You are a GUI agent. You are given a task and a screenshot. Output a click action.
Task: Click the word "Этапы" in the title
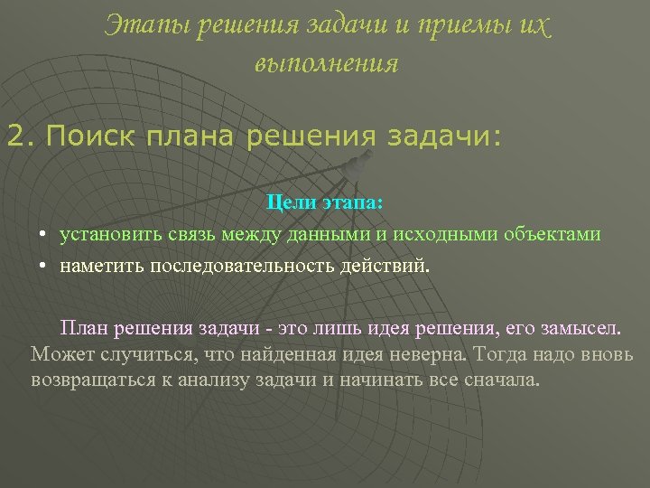136,27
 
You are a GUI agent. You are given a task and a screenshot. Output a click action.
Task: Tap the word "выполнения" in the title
326,64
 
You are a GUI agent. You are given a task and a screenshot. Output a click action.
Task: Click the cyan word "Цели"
289,206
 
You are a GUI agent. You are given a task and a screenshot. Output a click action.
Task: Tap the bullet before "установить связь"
42,236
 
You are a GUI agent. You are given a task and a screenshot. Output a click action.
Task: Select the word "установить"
111,235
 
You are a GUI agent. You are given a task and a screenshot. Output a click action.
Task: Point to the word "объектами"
552,235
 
